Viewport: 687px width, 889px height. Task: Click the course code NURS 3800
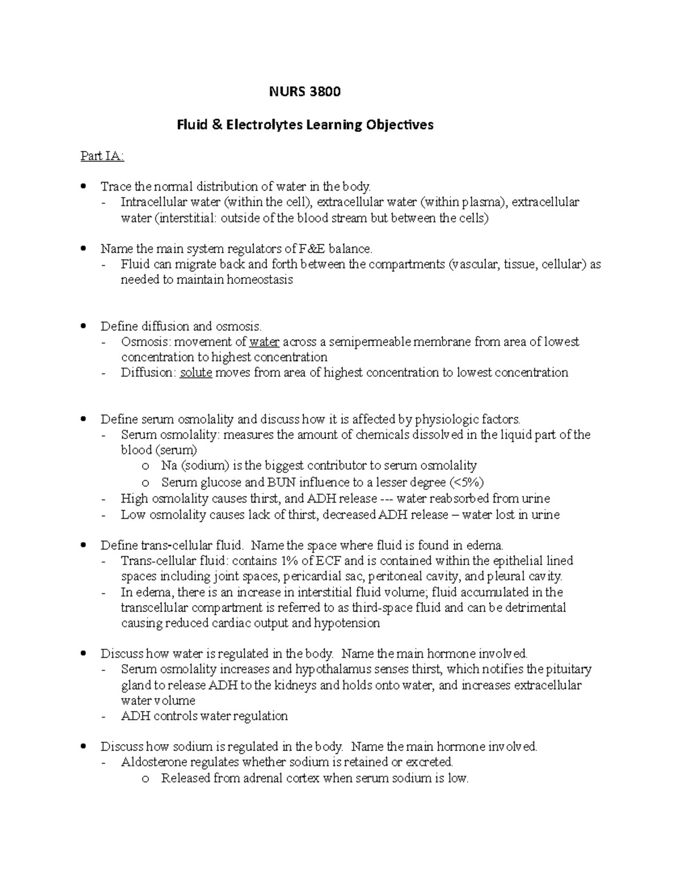(305, 92)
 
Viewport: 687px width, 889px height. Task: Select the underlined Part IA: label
(102, 156)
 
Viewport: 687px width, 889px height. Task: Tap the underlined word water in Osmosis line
(264, 342)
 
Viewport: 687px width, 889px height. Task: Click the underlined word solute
(196, 373)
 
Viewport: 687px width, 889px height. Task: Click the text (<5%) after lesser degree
(471, 482)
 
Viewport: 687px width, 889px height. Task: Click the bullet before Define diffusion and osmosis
(84, 326)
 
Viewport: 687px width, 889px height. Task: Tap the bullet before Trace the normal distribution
(84, 186)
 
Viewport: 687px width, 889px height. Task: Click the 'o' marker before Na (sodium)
(145, 466)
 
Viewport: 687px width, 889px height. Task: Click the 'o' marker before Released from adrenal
(145, 779)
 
